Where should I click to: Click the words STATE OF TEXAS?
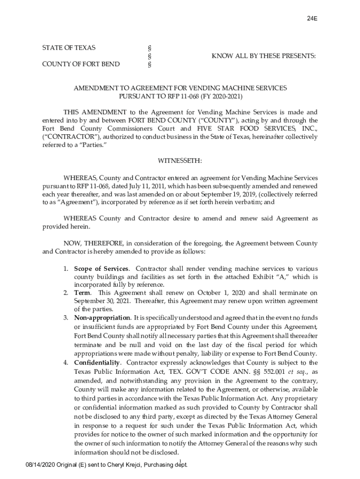(69, 48)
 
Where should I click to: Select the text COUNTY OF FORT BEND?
(80, 64)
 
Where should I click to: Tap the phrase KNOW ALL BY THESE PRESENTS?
(264, 56)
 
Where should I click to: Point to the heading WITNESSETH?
(180, 161)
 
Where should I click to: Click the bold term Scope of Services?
(101, 269)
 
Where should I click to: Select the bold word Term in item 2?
(83, 293)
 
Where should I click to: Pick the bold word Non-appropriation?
(102, 318)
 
